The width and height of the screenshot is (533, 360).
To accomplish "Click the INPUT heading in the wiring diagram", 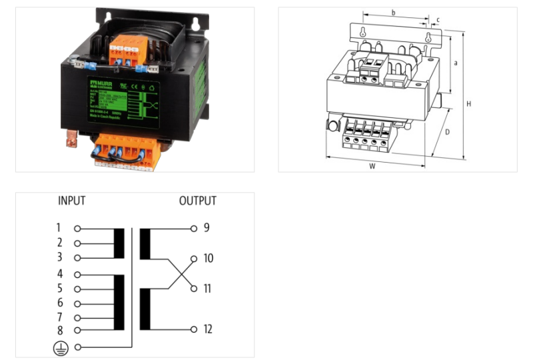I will [72, 201].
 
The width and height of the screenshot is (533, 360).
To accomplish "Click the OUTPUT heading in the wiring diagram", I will [197, 201].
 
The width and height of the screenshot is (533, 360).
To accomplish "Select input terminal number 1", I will [77, 228].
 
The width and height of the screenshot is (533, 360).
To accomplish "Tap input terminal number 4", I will [77, 274].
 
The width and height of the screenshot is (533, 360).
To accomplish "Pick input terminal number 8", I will [77, 329].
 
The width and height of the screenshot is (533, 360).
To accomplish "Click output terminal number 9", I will [194, 228].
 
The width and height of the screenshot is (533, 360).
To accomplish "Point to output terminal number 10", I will [194, 258].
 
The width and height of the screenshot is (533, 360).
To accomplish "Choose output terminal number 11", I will [194, 289].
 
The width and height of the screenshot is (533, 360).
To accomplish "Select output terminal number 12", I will [194, 329].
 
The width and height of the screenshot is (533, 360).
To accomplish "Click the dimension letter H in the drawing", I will [469, 104].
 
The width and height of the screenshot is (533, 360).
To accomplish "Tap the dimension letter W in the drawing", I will [372, 166].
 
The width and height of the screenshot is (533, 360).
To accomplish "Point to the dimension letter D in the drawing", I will [447, 132].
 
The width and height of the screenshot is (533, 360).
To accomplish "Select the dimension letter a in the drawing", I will [455, 63].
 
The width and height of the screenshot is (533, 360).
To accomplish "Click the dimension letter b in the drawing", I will [393, 13].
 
